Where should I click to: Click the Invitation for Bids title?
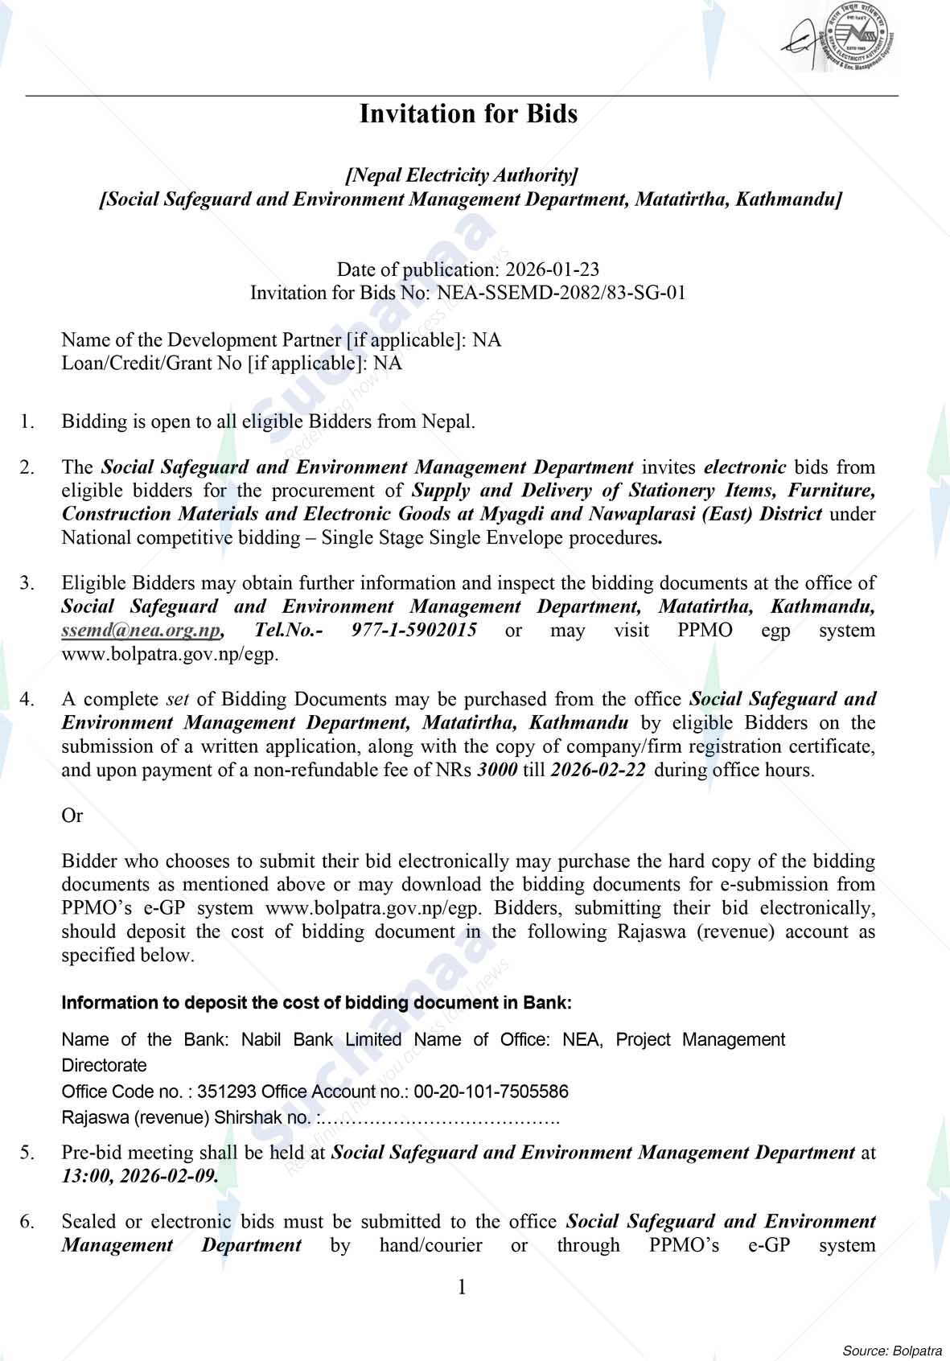pos(468,114)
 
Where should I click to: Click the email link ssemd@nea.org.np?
pos(141,630)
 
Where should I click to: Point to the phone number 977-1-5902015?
pos(413,630)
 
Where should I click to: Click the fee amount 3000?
pos(497,770)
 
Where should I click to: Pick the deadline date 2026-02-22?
pos(598,770)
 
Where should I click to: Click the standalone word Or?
pos(72,816)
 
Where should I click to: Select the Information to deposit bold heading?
pos(317,1003)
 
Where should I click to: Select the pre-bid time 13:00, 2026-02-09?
pos(139,1176)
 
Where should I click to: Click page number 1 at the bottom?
pos(462,1287)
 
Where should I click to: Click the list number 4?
pos(27,699)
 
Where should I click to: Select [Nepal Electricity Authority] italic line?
pos(462,175)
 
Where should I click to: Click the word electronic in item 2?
pos(744,467)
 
